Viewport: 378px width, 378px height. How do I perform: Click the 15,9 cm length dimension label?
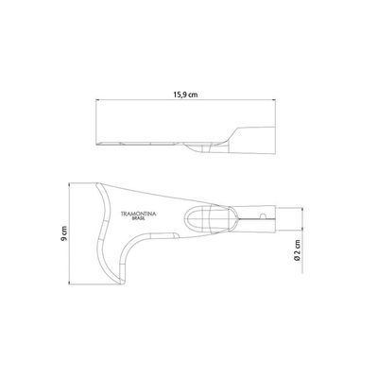tap(185, 94)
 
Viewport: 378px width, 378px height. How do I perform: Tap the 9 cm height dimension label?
tap(64, 233)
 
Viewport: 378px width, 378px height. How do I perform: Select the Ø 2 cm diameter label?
tap(297, 250)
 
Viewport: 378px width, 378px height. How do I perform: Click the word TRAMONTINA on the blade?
tap(139, 214)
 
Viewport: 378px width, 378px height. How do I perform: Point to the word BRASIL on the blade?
tap(139, 218)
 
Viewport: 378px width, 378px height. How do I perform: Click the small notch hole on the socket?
tap(264, 216)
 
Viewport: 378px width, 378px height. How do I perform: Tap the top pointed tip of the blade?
tap(98, 183)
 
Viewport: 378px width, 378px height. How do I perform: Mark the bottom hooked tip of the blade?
tap(120, 283)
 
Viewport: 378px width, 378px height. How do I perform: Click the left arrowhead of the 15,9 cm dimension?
tap(96, 100)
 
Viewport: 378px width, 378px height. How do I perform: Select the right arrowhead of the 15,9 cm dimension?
tap(275, 100)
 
